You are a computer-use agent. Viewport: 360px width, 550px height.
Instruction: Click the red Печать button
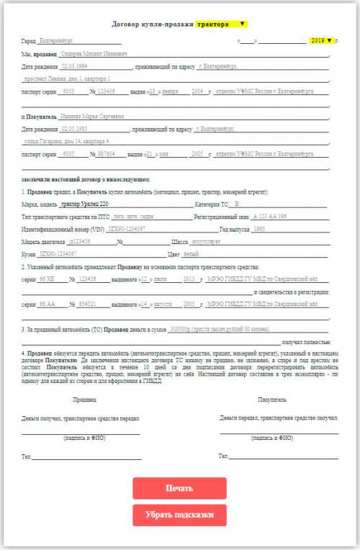coord(179,488)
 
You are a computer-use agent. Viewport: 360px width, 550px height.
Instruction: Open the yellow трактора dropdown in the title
coord(221,24)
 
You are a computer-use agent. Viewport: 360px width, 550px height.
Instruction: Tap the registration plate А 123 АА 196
coord(270,217)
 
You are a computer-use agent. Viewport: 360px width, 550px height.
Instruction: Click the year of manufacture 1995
coord(259,229)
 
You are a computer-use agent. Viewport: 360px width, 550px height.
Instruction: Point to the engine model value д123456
coord(79,241)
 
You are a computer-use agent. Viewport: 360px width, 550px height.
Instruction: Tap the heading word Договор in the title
coord(127,24)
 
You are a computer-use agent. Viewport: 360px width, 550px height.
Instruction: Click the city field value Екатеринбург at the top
coord(57,41)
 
